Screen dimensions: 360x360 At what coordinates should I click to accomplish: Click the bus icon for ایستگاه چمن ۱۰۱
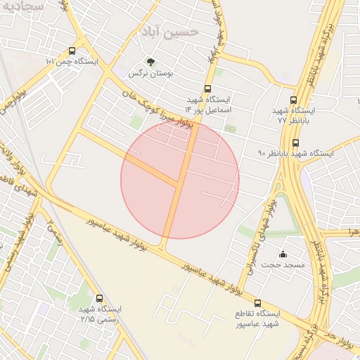[72, 51]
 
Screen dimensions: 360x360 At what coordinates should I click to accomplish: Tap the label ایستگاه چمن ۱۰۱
[72, 62]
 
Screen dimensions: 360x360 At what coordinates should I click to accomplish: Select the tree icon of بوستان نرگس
[150, 61]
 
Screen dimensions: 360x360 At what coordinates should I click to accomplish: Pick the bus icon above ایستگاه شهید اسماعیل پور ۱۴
[207, 89]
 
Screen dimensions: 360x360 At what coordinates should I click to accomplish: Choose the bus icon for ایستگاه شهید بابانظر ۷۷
[293, 100]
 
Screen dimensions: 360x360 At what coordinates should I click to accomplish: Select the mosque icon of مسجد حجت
[283, 254]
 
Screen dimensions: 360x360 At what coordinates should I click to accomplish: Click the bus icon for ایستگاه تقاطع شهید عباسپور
[257, 302]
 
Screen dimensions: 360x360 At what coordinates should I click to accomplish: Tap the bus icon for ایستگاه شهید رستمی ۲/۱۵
[99, 298]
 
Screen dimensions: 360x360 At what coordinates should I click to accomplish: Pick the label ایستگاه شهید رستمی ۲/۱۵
[100, 314]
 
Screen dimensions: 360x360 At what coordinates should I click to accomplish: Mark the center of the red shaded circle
[180, 179]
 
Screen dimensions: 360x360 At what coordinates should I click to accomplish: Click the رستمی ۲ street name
[56, 232]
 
